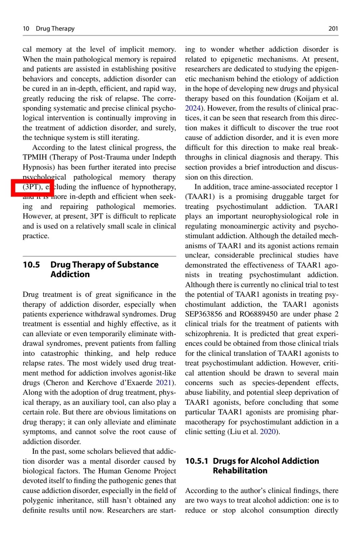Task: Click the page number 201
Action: click(333, 29)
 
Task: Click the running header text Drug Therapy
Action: click(55, 29)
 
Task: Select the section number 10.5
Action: click(31, 265)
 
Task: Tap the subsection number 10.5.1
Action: click(197, 461)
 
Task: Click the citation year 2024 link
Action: click(193, 108)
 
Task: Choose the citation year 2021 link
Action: click(163, 383)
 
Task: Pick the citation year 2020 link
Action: click(268, 432)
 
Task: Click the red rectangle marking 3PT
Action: click(32, 188)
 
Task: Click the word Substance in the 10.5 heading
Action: click(138, 265)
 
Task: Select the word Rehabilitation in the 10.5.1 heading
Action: click(240, 471)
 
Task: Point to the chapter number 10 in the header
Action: click(26, 29)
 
